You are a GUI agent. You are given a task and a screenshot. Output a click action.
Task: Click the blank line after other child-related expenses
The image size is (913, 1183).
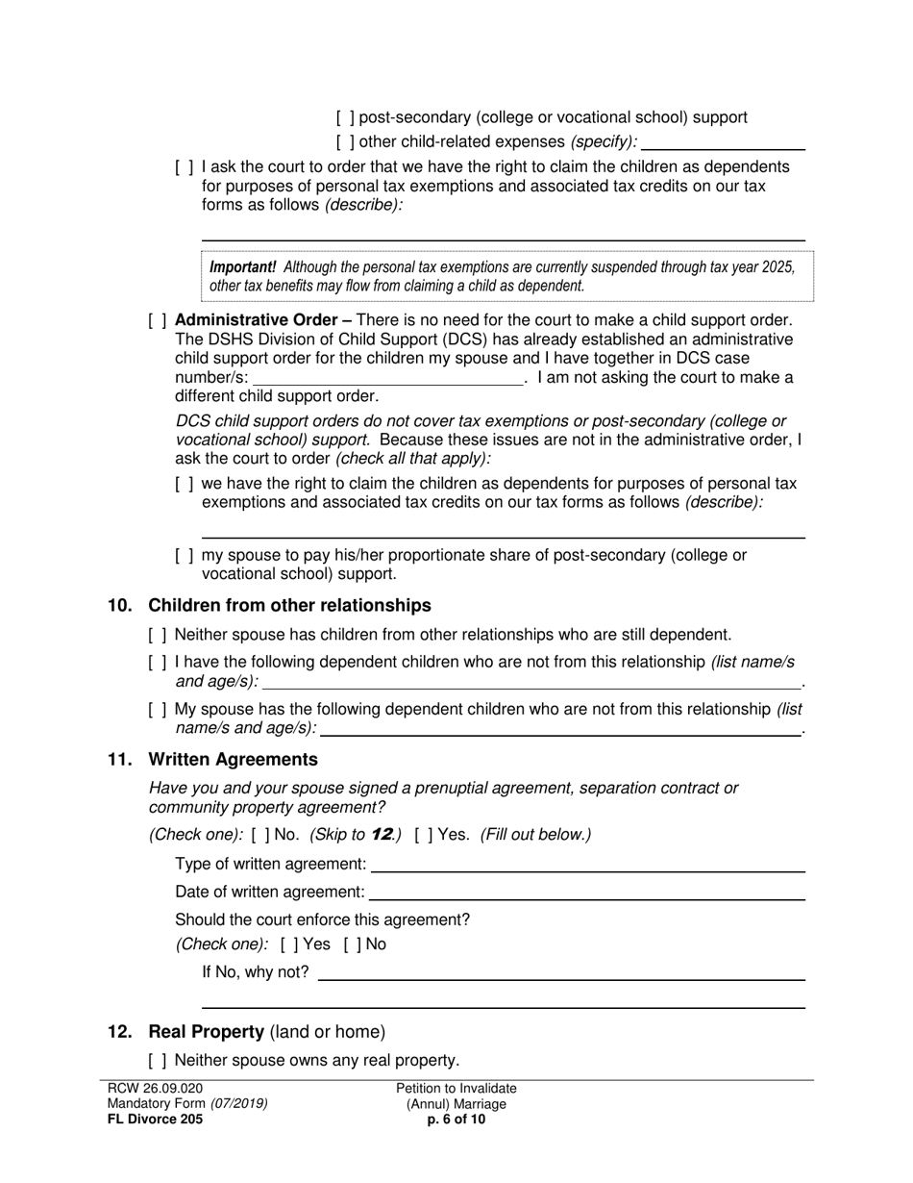(723, 143)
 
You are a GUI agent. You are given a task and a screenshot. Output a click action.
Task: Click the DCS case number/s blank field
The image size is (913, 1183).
(387, 378)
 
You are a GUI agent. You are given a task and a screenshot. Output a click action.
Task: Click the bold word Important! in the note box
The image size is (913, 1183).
(243, 267)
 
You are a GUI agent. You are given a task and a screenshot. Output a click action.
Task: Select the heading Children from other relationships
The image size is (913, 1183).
(289, 606)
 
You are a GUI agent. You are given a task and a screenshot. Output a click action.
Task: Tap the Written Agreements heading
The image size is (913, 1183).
(233, 760)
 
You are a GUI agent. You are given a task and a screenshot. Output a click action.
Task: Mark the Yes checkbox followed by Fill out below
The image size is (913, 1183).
(424, 835)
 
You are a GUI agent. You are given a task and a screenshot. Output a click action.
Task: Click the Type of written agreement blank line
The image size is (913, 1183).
(587, 865)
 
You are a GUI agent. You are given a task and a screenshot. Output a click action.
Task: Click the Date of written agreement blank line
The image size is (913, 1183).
(586, 894)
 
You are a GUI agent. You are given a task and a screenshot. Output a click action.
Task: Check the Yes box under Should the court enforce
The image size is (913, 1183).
(289, 944)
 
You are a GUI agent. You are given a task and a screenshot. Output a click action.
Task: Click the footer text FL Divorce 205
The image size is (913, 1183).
(155, 1120)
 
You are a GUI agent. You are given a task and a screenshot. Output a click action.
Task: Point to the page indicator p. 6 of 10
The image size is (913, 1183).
(456, 1120)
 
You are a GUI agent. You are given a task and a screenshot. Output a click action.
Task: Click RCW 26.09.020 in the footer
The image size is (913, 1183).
(155, 1089)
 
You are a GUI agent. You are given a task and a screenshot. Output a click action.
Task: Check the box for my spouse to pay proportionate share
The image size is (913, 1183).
(184, 555)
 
